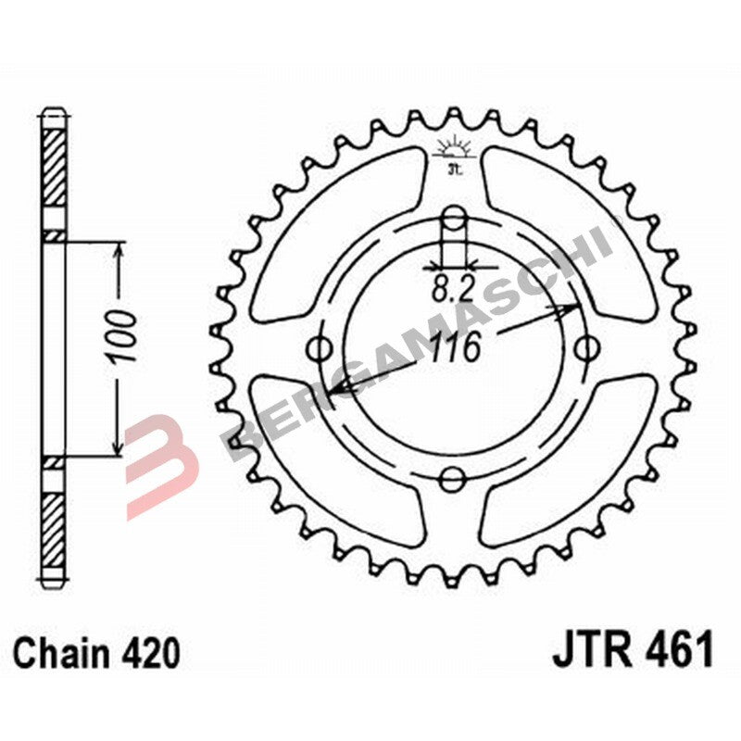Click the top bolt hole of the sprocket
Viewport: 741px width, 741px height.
(x=453, y=219)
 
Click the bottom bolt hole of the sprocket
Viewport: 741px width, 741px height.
(x=453, y=478)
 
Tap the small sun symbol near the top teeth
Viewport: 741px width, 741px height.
(x=453, y=148)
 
